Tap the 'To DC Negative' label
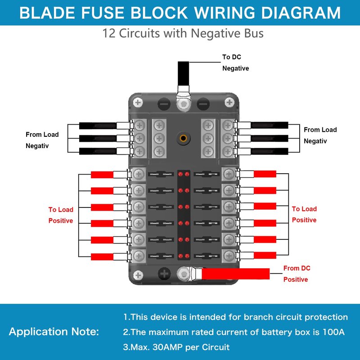point(235,63)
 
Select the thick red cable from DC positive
point(236,273)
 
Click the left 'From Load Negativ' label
point(42,140)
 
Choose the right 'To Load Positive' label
point(304,214)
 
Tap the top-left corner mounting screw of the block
point(139,103)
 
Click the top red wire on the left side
point(103,174)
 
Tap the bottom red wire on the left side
point(103,256)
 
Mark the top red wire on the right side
point(265,174)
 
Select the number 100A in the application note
point(333,332)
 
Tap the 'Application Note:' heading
point(54,332)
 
